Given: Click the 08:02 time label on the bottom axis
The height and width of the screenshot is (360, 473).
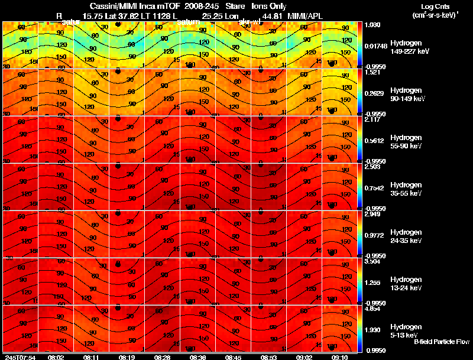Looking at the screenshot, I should tap(56, 357).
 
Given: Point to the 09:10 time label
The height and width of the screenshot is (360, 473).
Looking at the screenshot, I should tap(340, 357).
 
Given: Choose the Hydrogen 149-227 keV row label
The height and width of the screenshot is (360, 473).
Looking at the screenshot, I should tap(405, 47).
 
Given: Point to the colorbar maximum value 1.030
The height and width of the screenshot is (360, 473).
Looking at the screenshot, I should tap(372, 25).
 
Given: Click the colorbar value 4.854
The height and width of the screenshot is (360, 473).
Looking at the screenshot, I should tap(372, 309).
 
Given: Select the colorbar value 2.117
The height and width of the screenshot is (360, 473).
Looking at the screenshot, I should tap(372, 119).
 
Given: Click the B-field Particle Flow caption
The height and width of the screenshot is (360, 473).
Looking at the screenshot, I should tap(441, 342).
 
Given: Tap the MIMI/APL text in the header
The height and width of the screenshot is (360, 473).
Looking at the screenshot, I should tap(304, 15).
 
